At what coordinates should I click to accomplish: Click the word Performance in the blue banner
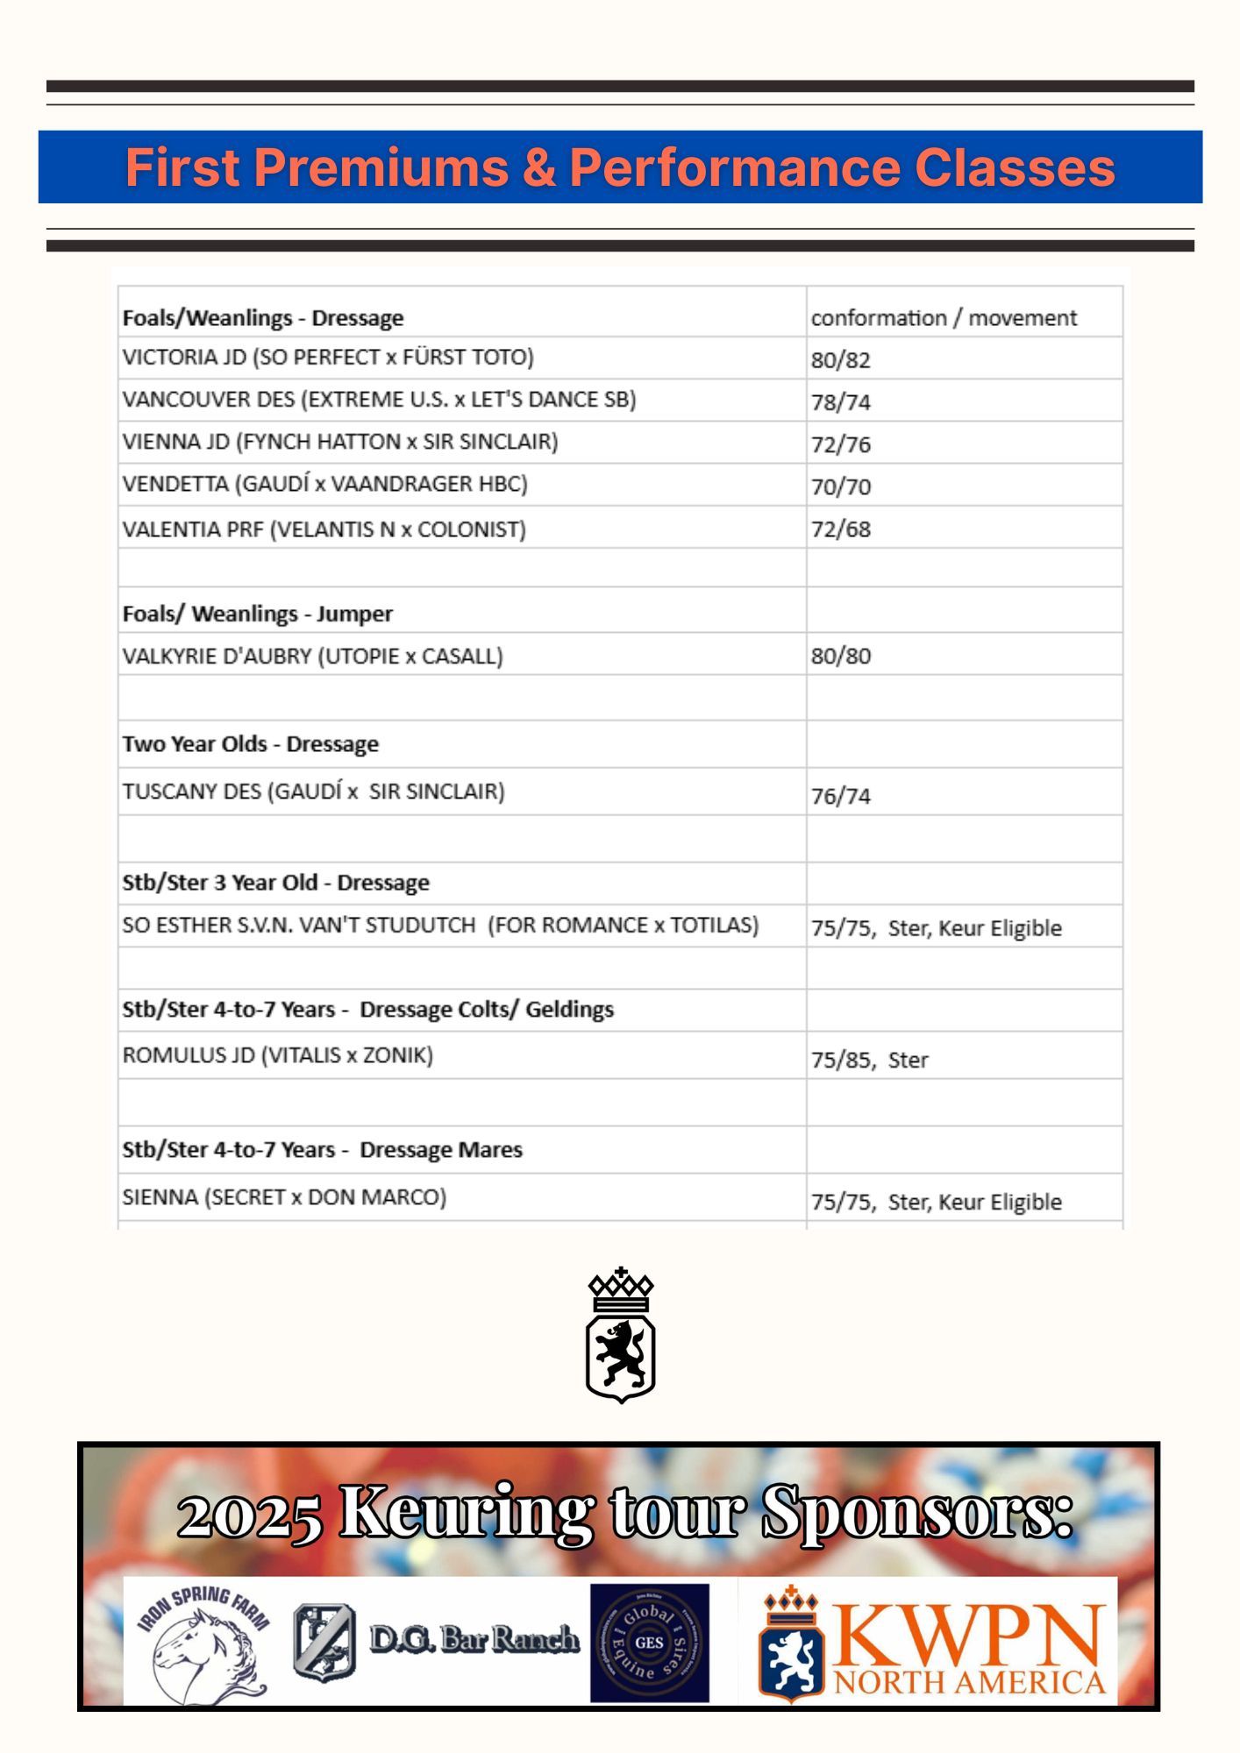(735, 167)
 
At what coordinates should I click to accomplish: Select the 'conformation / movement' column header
(943, 317)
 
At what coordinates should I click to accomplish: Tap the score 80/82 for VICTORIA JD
(840, 359)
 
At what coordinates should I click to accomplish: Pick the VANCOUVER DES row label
(379, 400)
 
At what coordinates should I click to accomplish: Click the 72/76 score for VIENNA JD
(840, 444)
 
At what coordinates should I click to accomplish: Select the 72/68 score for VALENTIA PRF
(840, 529)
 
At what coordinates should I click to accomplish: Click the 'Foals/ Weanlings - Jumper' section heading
(257, 614)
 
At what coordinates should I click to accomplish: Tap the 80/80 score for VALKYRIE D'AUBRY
(840, 656)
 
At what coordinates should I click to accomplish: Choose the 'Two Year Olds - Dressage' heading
(250, 744)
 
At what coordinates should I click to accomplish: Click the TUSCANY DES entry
(313, 791)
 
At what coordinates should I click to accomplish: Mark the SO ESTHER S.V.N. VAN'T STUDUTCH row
(440, 926)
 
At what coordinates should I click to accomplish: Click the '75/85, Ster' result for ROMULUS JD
(868, 1060)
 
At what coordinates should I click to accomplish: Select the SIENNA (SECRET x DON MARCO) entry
(284, 1197)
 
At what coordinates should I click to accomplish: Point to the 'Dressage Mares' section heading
(440, 1150)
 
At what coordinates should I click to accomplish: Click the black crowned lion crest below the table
(620, 1335)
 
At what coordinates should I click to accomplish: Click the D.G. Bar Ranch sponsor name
(474, 1639)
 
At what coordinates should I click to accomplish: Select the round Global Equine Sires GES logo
(649, 1643)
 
